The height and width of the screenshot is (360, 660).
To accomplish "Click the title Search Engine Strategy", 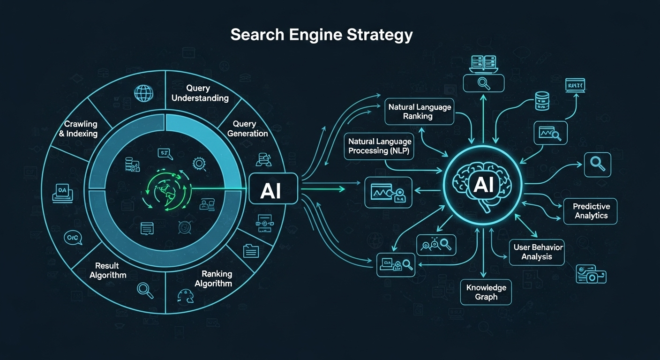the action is tap(322, 35).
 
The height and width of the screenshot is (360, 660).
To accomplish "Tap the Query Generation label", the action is tap(247, 128).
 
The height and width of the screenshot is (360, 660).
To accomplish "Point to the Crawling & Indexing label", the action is tap(81, 129).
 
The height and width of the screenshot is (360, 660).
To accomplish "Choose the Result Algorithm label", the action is tap(108, 270).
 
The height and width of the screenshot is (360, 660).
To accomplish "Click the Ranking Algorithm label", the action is tap(213, 278).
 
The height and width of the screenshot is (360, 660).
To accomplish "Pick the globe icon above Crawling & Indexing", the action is tap(143, 93).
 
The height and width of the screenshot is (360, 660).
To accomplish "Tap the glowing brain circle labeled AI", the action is tap(483, 185).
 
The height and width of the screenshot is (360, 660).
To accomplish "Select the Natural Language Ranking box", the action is tap(420, 112).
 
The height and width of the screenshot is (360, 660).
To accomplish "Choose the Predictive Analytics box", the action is tap(591, 211).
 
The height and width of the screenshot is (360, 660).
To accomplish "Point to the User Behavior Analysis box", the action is tap(538, 252).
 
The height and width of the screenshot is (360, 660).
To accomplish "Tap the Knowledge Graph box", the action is tap(486, 292).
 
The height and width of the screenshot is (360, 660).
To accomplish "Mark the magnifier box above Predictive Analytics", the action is tap(597, 165).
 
